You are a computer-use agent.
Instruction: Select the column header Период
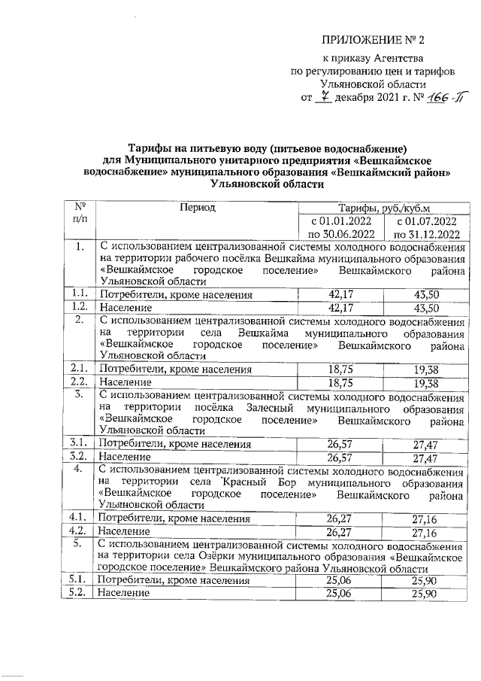tap(197, 208)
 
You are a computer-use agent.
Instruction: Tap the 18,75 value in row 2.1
tap(340, 369)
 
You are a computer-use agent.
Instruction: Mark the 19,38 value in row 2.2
tap(425, 382)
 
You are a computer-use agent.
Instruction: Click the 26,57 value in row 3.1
tap(340, 443)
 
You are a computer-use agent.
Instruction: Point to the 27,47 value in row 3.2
tap(425, 457)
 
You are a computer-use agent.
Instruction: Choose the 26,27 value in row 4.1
tap(340, 518)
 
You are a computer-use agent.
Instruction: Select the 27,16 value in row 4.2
tap(425, 532)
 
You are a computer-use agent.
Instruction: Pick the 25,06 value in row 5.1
tap(340, 580)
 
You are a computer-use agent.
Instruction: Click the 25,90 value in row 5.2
tap(425, 594)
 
